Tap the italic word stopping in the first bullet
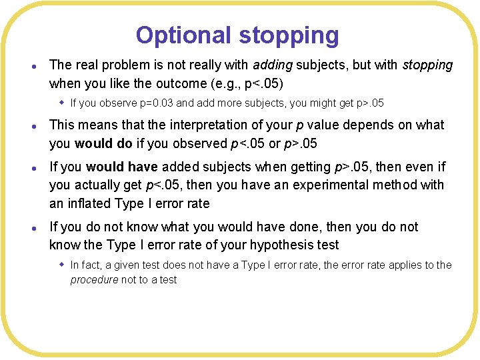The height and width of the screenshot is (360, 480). click(x=427, y=65)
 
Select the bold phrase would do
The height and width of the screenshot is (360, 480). click(x=103, y=143)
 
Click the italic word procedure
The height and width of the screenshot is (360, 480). click(x=94, y=280)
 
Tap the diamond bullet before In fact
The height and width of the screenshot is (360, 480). click(x=61, y=265)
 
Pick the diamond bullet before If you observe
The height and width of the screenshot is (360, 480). click(x=61, y=103)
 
